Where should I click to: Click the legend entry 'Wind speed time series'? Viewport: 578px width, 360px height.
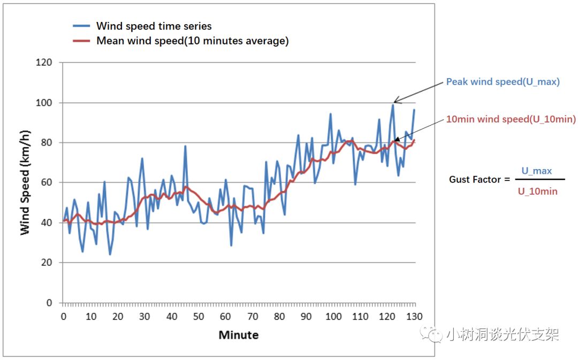tap(154, 26)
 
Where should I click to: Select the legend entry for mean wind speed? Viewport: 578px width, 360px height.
tap(192, 41)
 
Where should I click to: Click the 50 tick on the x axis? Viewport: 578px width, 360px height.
tap(199, 316)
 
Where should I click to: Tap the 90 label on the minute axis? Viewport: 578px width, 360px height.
tap(306, 316)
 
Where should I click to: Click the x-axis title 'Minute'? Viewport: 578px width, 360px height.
tap(238, 335)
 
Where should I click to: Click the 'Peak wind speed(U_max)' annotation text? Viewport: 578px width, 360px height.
tap(503, 82)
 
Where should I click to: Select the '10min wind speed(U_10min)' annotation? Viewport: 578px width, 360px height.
tap(511, 120)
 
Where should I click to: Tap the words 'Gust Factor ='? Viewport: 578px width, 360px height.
tap(479, 180)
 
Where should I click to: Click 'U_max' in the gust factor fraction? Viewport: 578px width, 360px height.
tap(536, 171)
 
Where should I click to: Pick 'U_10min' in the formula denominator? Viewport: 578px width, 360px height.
tap(537, 191)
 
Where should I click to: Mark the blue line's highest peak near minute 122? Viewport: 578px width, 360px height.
tap(393, 104)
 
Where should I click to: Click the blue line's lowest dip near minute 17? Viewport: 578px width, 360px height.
tap(110, 255)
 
